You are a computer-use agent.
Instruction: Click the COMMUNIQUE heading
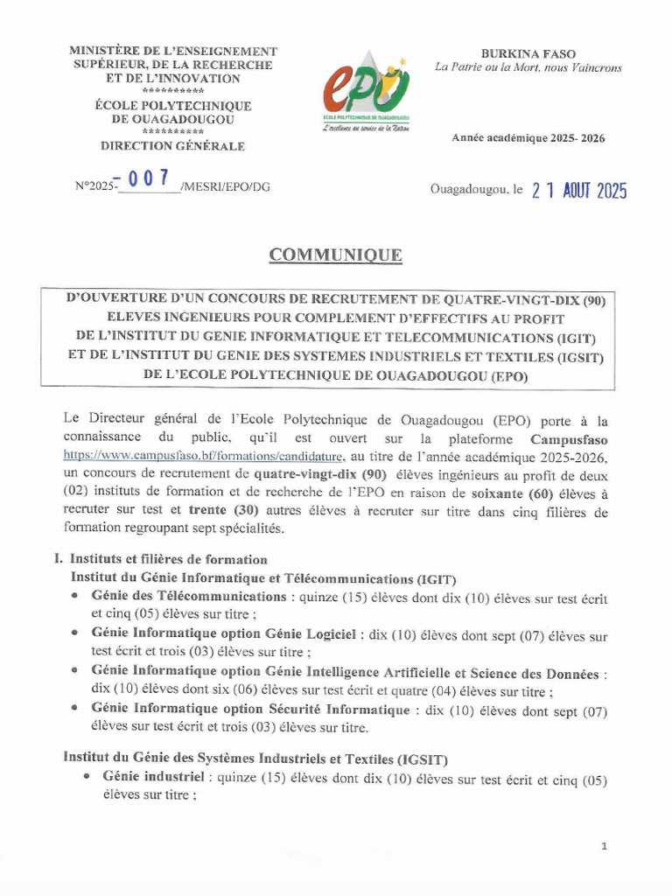pos(336,255)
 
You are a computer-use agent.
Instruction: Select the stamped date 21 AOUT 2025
pos(579,192)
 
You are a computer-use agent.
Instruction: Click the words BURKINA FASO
pos(528,54)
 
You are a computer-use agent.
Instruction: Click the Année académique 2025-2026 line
pos(528,138)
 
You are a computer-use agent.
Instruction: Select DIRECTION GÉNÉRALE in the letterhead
pos(172,146)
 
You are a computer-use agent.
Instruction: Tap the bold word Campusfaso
pos(569,439)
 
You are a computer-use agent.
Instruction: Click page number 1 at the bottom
pos(605,846)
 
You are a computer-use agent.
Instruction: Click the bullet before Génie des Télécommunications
pos(76,596)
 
